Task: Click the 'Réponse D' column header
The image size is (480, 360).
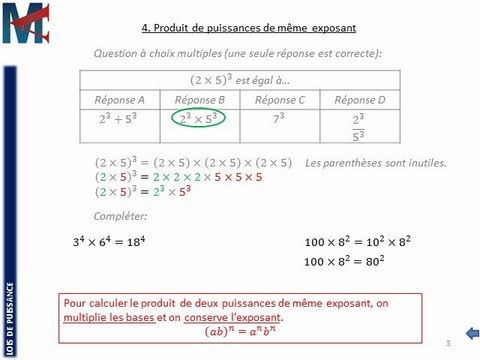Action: pos(363,100)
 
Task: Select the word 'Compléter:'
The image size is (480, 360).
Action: pos(117,214)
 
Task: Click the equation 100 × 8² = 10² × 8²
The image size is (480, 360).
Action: pos(355,243)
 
